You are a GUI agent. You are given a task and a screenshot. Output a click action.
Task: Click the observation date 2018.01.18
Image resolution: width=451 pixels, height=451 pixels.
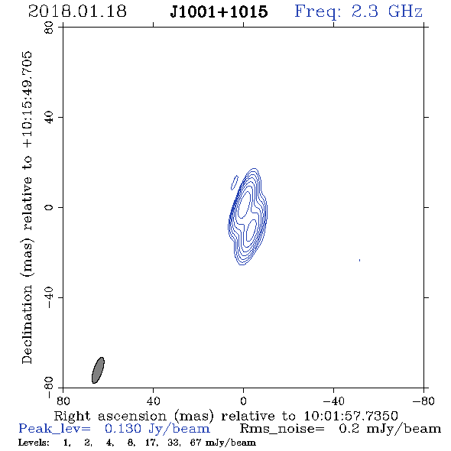point(77,11)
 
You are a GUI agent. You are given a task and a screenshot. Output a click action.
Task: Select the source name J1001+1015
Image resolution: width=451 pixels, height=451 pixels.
point(219,11)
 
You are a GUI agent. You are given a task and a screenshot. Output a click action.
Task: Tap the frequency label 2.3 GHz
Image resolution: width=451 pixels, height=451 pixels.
point(387,11)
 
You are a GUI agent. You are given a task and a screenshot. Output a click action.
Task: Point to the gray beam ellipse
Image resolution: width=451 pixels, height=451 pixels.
point(98,370)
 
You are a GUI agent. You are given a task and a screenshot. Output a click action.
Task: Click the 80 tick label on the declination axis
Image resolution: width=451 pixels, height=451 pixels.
point(49,28)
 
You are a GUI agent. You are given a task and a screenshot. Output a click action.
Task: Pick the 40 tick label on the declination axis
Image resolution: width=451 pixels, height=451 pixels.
point(49,117)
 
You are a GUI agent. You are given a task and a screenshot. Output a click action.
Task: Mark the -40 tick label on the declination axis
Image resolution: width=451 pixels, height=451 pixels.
point(49,297)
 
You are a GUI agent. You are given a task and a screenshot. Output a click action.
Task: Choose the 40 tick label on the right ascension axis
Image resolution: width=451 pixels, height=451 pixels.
point(153,401)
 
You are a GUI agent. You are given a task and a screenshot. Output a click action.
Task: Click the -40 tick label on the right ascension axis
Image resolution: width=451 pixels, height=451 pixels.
point(333,401)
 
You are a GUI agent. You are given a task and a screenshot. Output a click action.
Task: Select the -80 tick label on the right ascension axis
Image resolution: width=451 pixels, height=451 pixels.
point(423,401)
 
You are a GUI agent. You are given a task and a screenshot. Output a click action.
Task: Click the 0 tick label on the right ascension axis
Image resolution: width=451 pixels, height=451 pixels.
point(243,401)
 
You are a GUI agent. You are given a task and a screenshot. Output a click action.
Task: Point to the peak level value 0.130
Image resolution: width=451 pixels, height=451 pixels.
point(123,429)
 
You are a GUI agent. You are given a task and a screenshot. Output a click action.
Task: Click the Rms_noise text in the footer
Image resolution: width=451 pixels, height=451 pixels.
point(282,429)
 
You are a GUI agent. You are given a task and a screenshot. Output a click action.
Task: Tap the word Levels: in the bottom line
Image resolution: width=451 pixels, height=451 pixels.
point(34,443)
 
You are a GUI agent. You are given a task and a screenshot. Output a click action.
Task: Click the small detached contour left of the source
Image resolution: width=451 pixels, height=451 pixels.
point(235,183)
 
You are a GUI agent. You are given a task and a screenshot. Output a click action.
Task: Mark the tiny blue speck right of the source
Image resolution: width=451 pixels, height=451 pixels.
point(359,261)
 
